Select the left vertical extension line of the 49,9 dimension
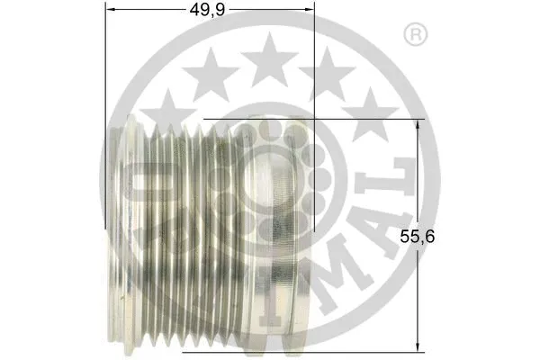tap(106, 108)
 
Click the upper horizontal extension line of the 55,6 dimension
tap(315, 119)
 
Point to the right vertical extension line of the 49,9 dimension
tap(314, 90)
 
